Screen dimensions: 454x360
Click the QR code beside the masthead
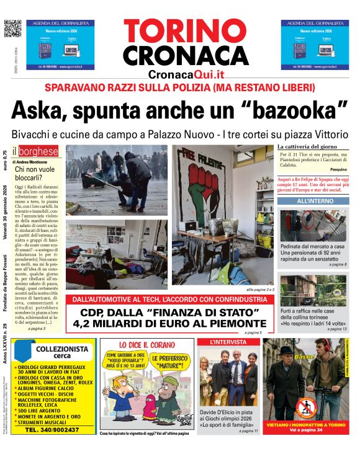pyautogui.click(x=13, y=29)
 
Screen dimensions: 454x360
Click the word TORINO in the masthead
pyautogui.click(x=186, y=29)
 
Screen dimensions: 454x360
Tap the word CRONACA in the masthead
pyautogui.click(x=186, y=55)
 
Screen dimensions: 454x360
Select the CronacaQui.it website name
pyautogui.click(x=186, y=74)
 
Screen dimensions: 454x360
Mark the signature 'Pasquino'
pyautogui.click(x=338, y=169)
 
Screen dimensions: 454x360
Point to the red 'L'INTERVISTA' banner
pyautogui.click(x=227, y=342)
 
